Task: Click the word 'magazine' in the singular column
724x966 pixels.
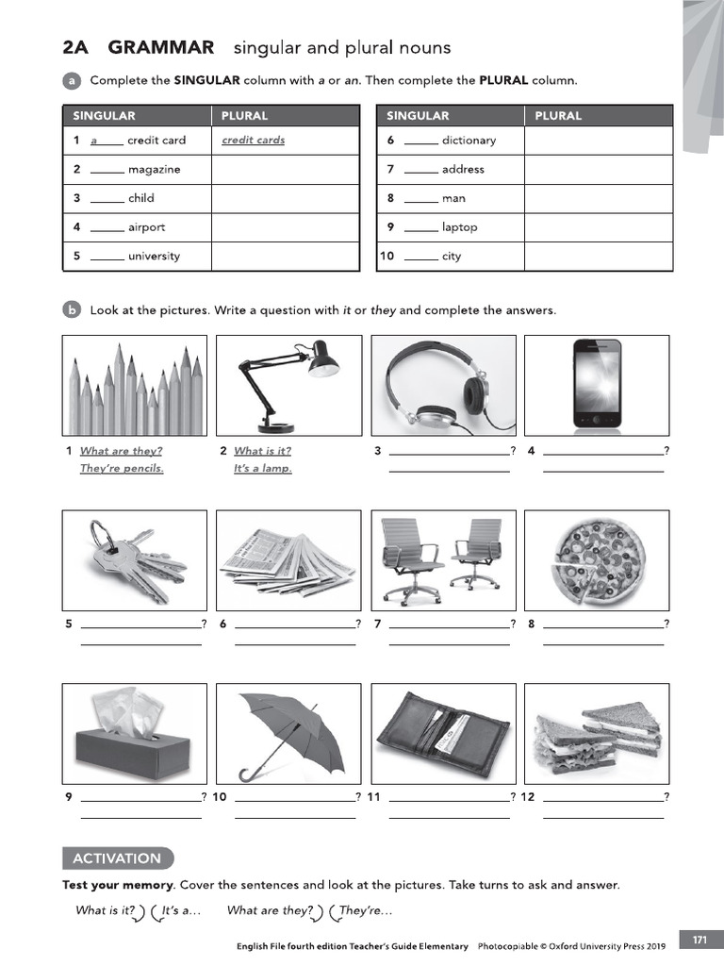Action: point(154,170)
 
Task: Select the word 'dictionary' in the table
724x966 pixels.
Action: point(468,141)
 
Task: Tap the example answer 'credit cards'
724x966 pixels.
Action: point(253,141)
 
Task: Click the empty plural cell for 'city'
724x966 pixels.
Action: point(598,257)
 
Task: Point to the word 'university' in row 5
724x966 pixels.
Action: point(154,257)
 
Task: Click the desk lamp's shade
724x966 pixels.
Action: point(323,358)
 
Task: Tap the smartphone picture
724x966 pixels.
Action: point(597,385)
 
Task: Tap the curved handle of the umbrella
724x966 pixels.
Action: point(248,774)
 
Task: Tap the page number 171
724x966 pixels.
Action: point(699,940)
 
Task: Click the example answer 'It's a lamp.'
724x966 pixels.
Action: point(263,469)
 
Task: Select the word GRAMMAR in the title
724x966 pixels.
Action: point(161,47)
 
